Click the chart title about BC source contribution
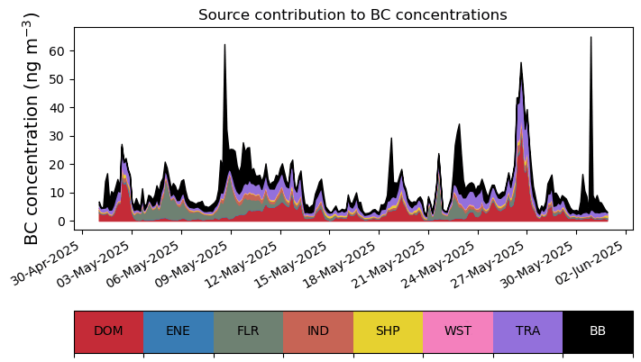pyautogui.click(x=353, y=14)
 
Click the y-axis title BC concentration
pyautogui.click(x=32, y=129)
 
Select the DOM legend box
pyautogui.click(x=108, y=331)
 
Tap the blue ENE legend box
pyautogui.click(x=179, y=331)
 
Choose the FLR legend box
pyautogui.click(x=248, y=331)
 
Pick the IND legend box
pyautogui.click(x=318, y=331)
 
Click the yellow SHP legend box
pyautogui.click(x=388, y=331)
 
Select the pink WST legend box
pyautogui.click(x=458, y=331)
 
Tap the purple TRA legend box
pyautogui.click(x=527, y=331)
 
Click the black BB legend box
pyautogui.click(x=598, y=331)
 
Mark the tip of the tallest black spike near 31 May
pyautogui.click(x=591, y=38)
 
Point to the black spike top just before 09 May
pyautogui.click(x=224, y=45)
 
